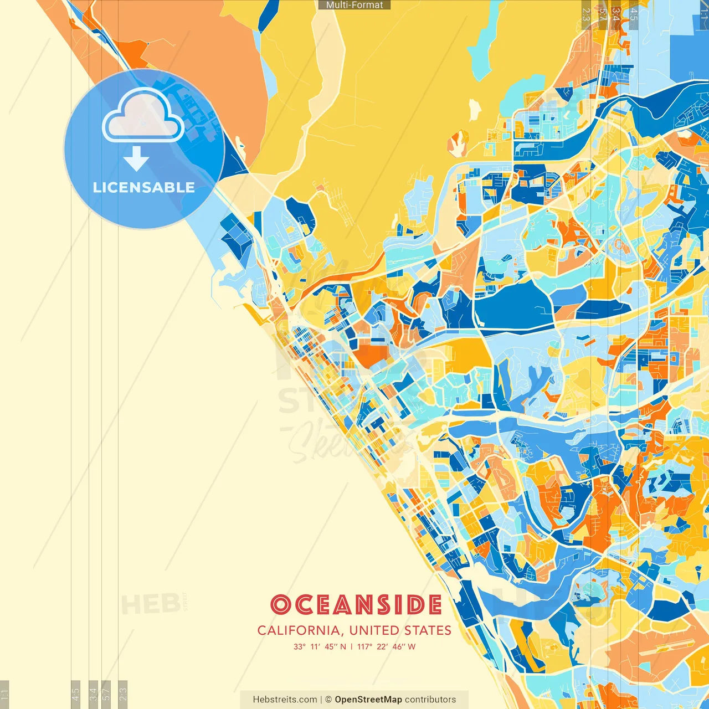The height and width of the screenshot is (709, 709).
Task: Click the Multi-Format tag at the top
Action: pos(354,5)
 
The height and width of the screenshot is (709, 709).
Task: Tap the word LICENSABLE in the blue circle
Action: pos(144,187)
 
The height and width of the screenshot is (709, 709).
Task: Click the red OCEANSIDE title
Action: pos(356,605)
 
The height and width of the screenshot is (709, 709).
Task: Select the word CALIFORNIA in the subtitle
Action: pos(299,630)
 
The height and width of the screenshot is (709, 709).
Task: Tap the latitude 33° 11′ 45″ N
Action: pos(320,646)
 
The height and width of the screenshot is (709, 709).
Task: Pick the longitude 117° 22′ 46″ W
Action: pos(386,646)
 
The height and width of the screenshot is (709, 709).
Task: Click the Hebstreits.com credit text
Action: pos(285,700)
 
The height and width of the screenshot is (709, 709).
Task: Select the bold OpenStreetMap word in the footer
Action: pos(368,700)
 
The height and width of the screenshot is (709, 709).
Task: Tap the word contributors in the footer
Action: pos(430,700)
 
